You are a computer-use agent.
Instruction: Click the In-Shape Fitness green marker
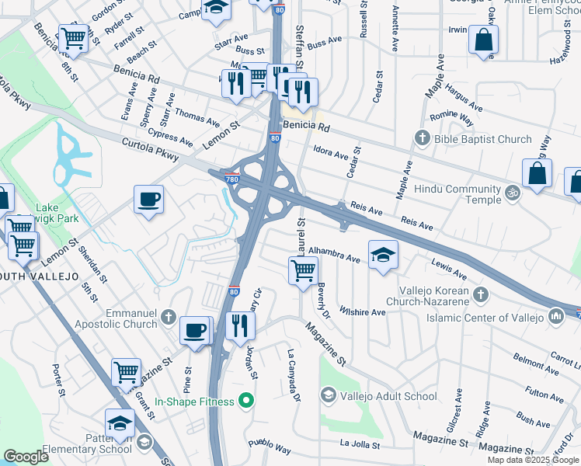tap(247, 402)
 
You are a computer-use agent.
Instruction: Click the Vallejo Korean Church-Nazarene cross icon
tap(480, 294)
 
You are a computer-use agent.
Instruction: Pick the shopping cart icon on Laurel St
tap(302, 271)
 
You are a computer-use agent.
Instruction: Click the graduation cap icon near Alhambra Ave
tap(383, 254)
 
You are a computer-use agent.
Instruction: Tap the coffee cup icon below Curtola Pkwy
tap(148, 200)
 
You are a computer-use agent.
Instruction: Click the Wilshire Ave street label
tap(367, 312)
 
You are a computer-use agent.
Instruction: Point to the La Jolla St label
tap(360, 446)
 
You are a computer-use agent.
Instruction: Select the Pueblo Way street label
tap(270, 450)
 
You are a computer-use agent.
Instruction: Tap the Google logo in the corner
tap(26, 457)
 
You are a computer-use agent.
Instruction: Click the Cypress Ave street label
tap(172, 139)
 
